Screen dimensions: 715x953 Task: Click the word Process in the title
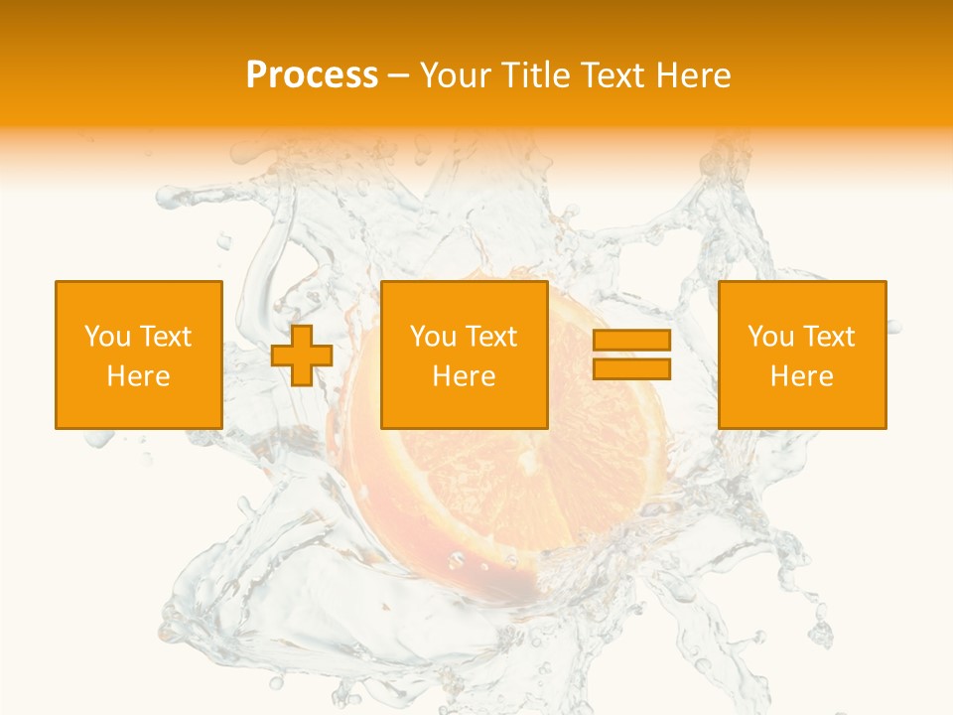312,75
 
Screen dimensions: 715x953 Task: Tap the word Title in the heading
536,75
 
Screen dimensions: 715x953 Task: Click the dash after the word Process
399,76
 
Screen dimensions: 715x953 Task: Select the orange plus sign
302,356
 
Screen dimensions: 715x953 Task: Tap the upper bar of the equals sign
631,341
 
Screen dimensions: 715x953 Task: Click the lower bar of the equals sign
631,369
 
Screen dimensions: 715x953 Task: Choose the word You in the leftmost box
106,337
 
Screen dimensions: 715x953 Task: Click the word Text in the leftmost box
164,337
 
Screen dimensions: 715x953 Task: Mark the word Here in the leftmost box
138,376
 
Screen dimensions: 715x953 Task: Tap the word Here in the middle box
464,376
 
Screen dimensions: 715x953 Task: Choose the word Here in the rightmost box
801,376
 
